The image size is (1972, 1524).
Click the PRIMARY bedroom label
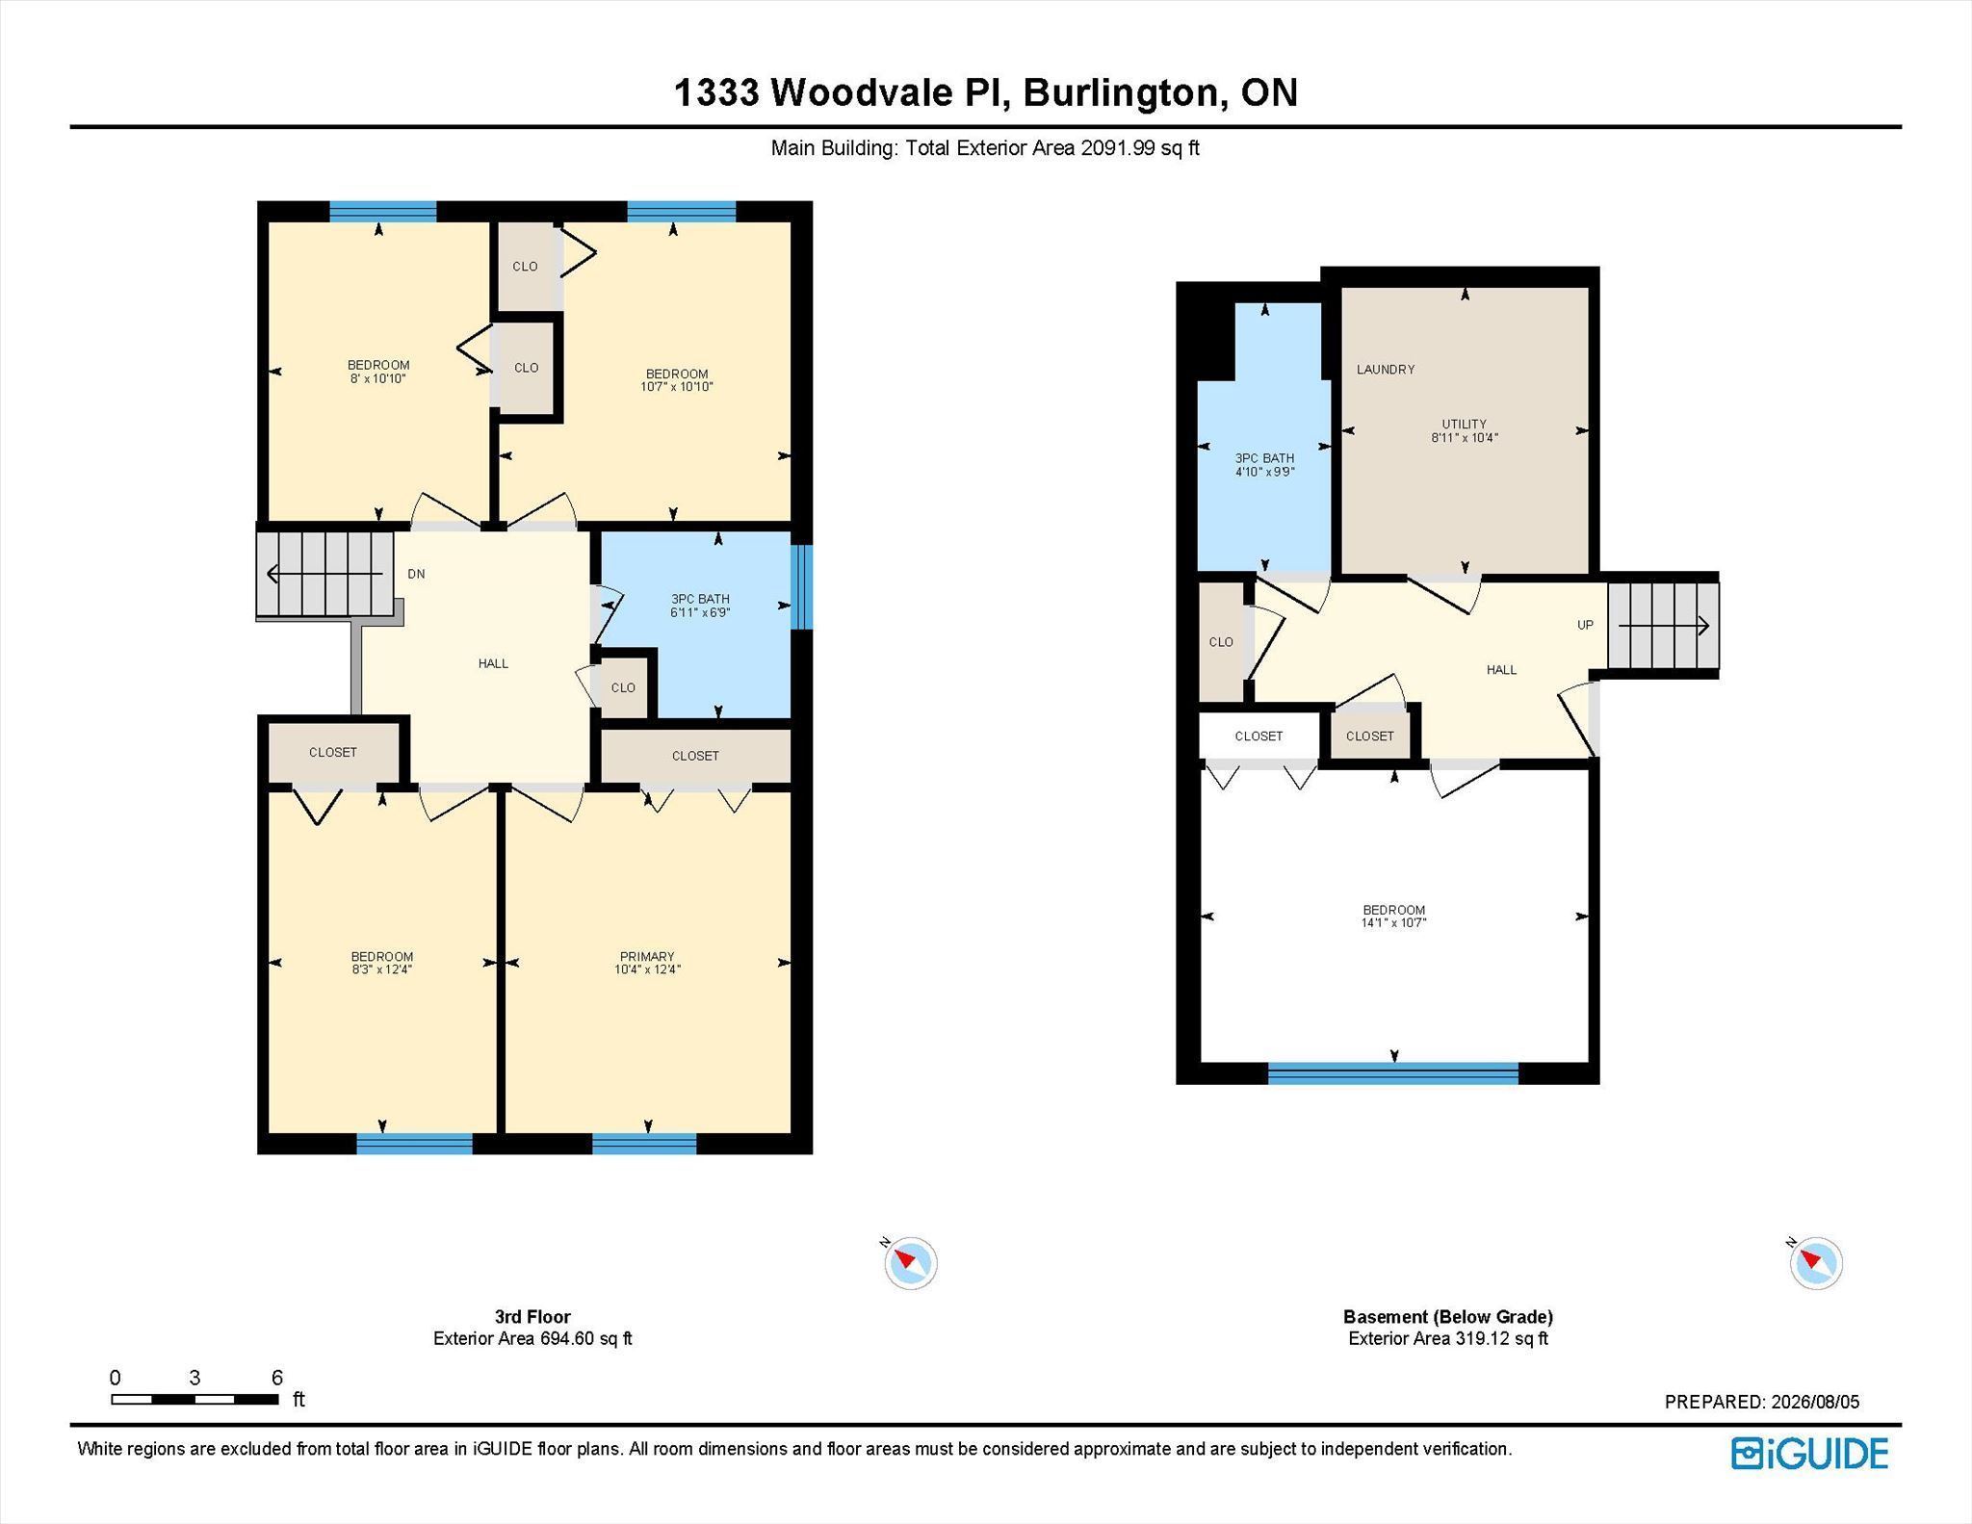[x=647, y=956]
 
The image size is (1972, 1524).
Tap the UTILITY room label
[x=1464, y=424]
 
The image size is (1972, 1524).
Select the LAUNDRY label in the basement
[x=1386, y=369]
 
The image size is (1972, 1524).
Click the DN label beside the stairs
[x=416, y=574]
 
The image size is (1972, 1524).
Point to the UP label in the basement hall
[x=1585, y=625]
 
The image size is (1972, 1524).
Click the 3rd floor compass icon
[x=910, y=1262]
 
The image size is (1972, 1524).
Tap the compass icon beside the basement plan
[x=1815, y=1262]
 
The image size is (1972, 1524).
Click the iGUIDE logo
[x=1809, y=1453]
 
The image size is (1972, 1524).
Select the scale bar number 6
[x=277, y=1378]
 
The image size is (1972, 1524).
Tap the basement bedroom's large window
[x=1392, y=1073]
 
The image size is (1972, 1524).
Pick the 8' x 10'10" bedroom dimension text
[x=378, y=378]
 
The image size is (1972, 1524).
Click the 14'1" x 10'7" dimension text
[x=1393, y=922]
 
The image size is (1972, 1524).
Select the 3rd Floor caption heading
[x=532, y=1316]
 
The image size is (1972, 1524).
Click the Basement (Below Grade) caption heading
[x=1448, y=1316]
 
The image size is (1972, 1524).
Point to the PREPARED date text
[x=1762, y=1402]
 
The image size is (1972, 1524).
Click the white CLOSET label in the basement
[x=1258, y=736]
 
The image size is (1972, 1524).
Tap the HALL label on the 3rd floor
[x=493, y=663]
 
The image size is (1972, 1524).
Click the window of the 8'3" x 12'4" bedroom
[x=414, y=1144]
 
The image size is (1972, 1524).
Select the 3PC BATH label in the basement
[x=1264, y=458]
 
